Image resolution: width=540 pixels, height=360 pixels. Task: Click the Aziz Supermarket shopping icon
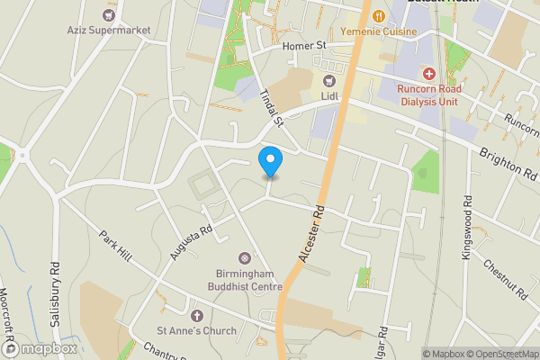[x=110, y=14]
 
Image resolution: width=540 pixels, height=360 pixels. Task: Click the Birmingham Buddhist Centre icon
[x=243, y=259]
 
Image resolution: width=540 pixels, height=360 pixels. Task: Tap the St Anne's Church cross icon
[x=198, y=315]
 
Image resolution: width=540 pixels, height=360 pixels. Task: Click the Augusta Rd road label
[x=192, y=242]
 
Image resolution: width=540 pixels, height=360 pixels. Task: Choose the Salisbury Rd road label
[x=56, y=295]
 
